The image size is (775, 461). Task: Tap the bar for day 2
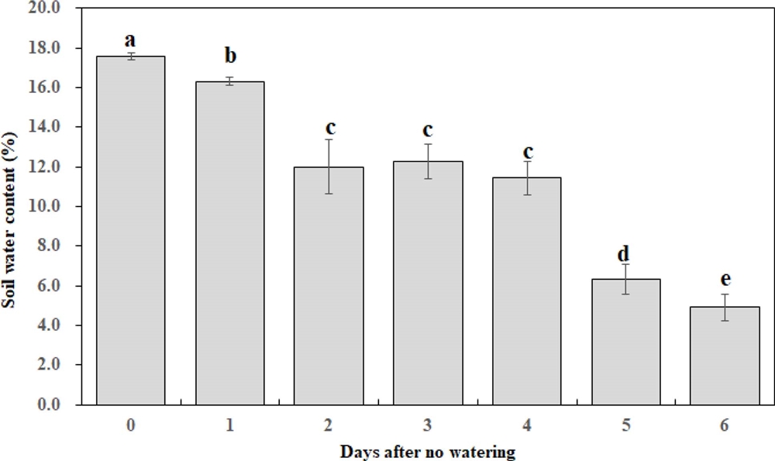pos(329,286)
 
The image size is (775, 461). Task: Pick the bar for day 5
pos(625,342)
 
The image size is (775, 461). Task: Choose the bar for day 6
pos(725,356)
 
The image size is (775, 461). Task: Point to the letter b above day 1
pos(229,57)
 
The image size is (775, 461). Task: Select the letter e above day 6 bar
pos(725,280)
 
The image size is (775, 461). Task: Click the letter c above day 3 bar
pos(427,130)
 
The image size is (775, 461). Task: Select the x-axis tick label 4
pos(526,425)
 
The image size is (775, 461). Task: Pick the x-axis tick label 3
pos(427,425)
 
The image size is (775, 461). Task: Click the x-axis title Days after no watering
pos(427,449)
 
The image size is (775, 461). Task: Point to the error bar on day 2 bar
pos(329,167)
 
